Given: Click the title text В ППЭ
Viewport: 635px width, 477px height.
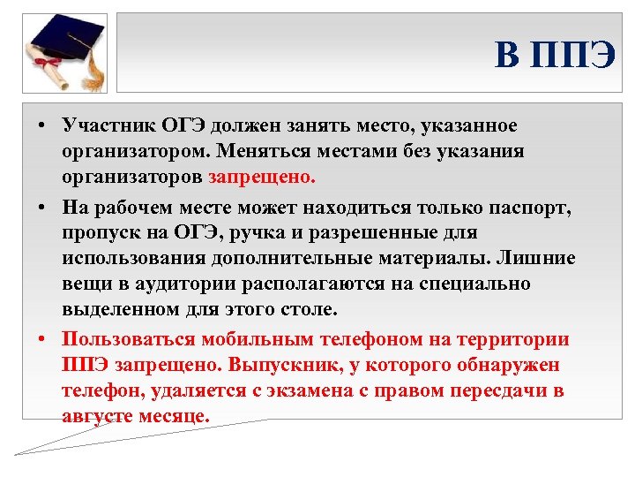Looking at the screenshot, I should click(554, 56).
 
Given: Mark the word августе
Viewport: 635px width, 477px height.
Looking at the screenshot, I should click(98, 416).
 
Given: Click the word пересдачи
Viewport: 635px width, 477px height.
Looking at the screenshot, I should click(484, 390).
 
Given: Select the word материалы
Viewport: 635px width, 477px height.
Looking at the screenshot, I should click(423, 259).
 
